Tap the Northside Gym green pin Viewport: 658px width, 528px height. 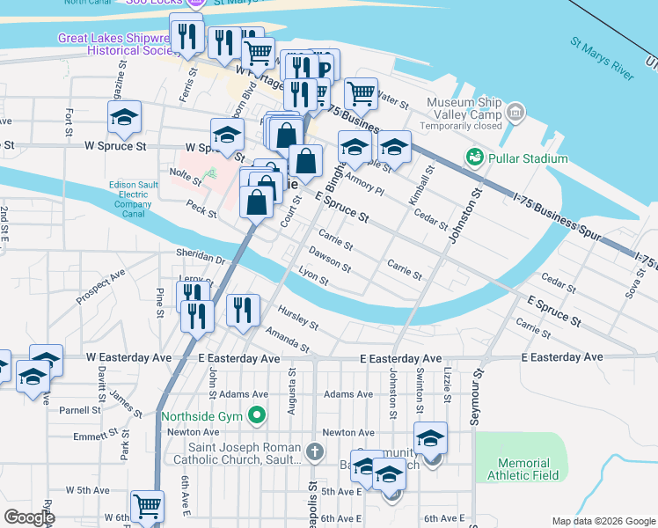click(257, 414)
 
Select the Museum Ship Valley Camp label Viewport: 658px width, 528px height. click(463, 108)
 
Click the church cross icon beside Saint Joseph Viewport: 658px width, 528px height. click(317, 452)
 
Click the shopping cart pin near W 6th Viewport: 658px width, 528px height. click(147, 507)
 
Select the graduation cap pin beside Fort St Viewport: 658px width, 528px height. click(125, 118)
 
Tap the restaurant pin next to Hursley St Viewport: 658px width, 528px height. click(243, 310)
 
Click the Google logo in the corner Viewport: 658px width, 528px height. click(29, 517)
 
